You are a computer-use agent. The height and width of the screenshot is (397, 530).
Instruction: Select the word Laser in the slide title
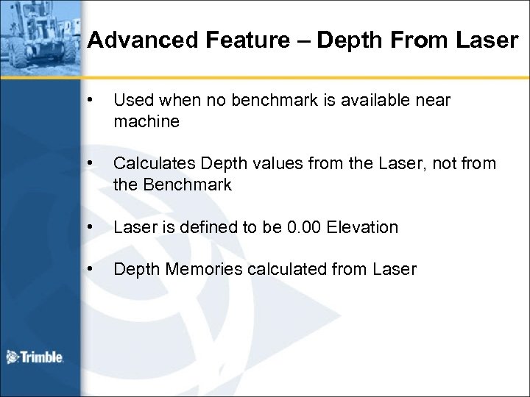click(x=487, y=40)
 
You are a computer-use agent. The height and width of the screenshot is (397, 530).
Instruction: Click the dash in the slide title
click(x=301, y=40)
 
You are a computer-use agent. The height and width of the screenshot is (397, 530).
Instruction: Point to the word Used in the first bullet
click(x=130, y=99)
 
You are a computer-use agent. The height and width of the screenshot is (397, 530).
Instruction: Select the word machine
click(x=146, y=121)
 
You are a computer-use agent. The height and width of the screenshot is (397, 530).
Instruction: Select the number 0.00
click(x=304, y=228)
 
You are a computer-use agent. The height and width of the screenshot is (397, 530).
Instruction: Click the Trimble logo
click(x=35, y=357)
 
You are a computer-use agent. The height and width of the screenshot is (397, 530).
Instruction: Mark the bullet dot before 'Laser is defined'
click(x=90, y=228)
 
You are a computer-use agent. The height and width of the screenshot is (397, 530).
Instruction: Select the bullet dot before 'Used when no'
click(x=90, y=99)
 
